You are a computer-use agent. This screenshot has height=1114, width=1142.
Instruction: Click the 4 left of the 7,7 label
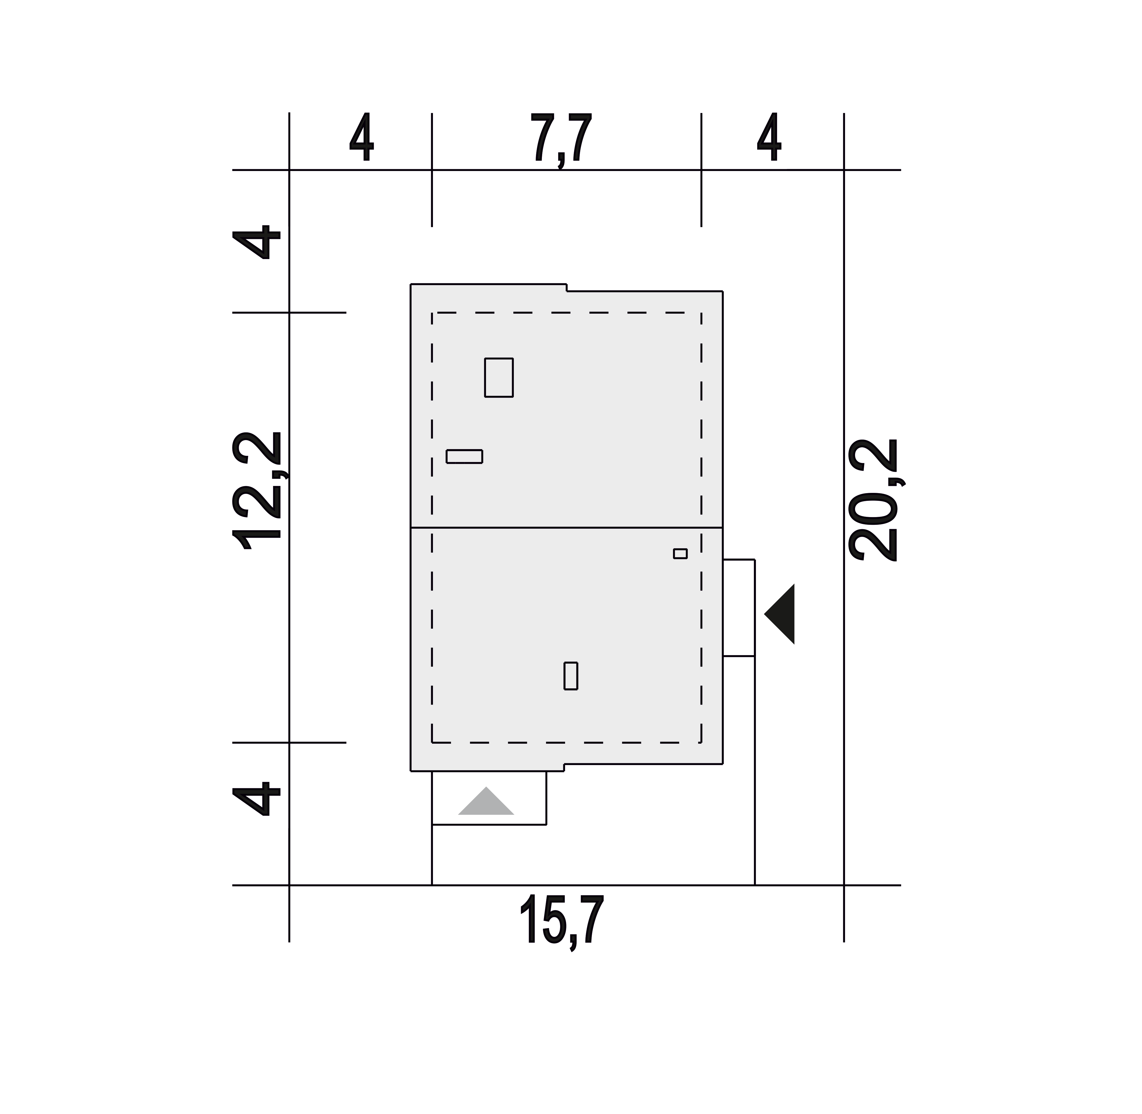362,137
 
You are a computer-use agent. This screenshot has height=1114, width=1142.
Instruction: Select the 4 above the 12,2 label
256,242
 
